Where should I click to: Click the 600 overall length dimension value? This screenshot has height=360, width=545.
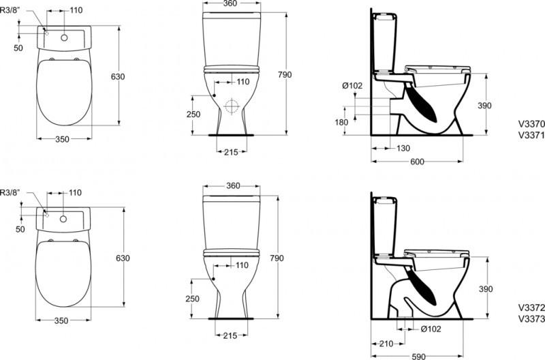tap(418, 162)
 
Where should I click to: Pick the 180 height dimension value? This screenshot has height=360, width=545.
tap(342, 122)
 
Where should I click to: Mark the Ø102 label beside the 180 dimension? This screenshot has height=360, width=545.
tap(352, 85)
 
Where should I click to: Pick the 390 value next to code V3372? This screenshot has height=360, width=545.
tap(503, 288)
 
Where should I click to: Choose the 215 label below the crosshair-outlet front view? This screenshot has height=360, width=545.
tap(230, 151)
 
